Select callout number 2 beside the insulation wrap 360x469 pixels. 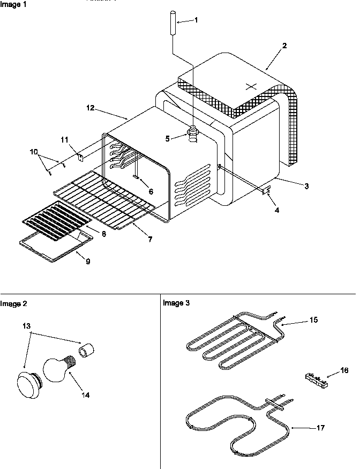[x=284, y=46]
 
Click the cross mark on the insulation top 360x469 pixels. [x=251, y=86]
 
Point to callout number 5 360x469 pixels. [x=167, y=138]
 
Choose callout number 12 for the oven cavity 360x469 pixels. [x=90, y=108]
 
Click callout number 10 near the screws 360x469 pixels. [x=35, y=152]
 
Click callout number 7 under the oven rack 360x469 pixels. [x=149, y=240]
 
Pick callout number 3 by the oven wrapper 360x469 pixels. [x=306, y=186]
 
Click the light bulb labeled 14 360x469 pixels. [x=56, y=370]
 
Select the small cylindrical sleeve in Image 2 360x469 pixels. [x=87, y=352]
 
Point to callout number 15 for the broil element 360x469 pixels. [x=313, y=319]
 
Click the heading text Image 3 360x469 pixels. [x=176, y=303]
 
